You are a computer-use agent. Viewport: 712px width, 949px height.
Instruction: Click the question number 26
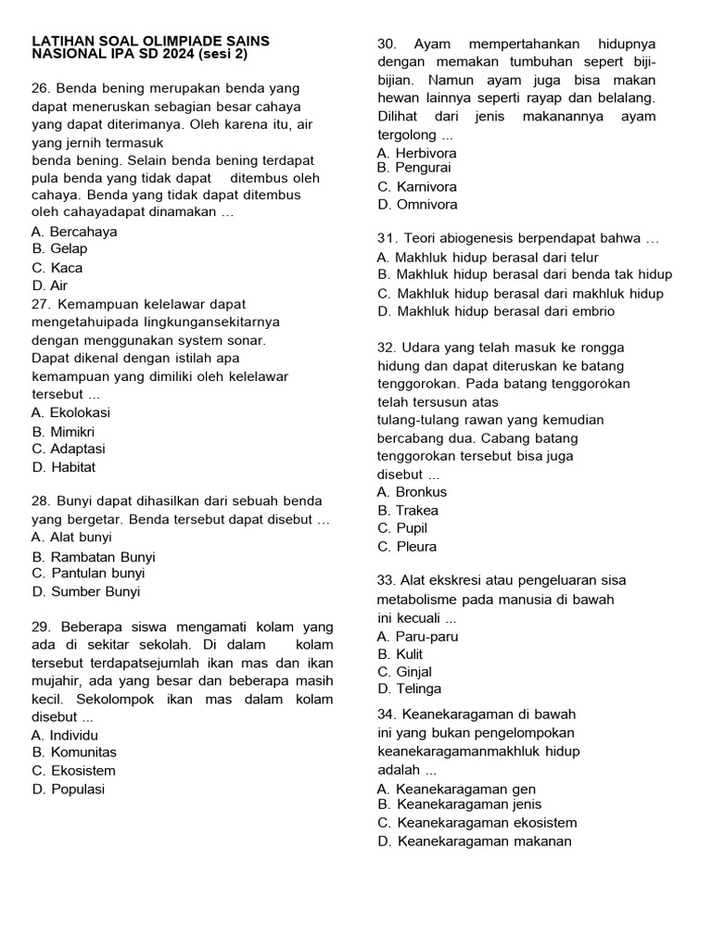click(x=40, y=89)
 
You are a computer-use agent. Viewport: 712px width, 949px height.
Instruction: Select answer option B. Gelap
click(x=59, y=249)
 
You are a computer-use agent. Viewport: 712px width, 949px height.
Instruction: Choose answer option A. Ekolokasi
click(x=70, y=413)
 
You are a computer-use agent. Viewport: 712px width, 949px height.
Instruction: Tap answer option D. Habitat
click(x=63, y=468)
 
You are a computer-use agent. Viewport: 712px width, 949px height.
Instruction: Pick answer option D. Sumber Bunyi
click(x=85, y=592)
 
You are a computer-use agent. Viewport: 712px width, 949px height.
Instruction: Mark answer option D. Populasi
click(x=68, y=790)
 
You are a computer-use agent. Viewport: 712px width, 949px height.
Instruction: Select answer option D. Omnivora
click(x=417, y=205)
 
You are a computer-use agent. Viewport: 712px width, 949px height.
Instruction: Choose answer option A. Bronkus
click(x=412, y=492)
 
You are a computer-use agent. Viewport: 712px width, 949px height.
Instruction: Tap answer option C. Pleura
click(x=407, y=547)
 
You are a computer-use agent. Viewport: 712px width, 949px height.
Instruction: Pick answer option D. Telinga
click(x=409, y=690)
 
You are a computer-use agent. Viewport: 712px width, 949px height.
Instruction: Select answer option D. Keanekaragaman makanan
click(x=474, y=841)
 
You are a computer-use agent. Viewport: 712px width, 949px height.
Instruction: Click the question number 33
click(x=387, y=581)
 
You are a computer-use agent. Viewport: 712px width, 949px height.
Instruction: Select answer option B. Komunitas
click(x=74, y=753)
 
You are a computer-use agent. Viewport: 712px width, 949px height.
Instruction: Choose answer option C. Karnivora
click(x=417, y=186)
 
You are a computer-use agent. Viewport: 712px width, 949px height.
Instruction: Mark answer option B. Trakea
click(x=408, y=511)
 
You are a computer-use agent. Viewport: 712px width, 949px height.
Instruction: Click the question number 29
click(x=40, y=627)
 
